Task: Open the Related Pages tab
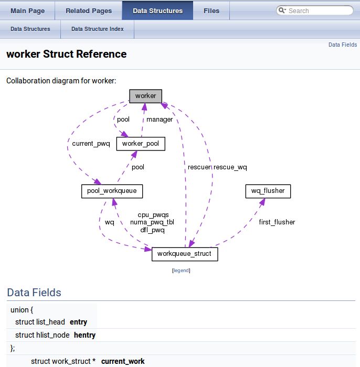coord(89,10)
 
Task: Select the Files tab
coord(211,10)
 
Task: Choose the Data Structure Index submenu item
coord(98,29)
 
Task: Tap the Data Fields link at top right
coord(343,45)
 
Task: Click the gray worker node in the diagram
coord(146,96)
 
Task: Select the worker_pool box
coord(141,144)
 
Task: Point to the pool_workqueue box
coord(112,191)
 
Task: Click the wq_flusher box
coord(268,191)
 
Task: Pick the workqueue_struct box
coord(184,254)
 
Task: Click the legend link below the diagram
coord(181,271)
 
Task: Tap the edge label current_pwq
coord(91,144)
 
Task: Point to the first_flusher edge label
coord(277,222)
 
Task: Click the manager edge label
coord(160,120)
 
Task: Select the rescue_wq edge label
coord(230,167)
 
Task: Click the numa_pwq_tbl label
coord(152,222)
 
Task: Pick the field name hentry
coord(84,335)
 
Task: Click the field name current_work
coord(123,361)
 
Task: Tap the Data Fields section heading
coord(34,293)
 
